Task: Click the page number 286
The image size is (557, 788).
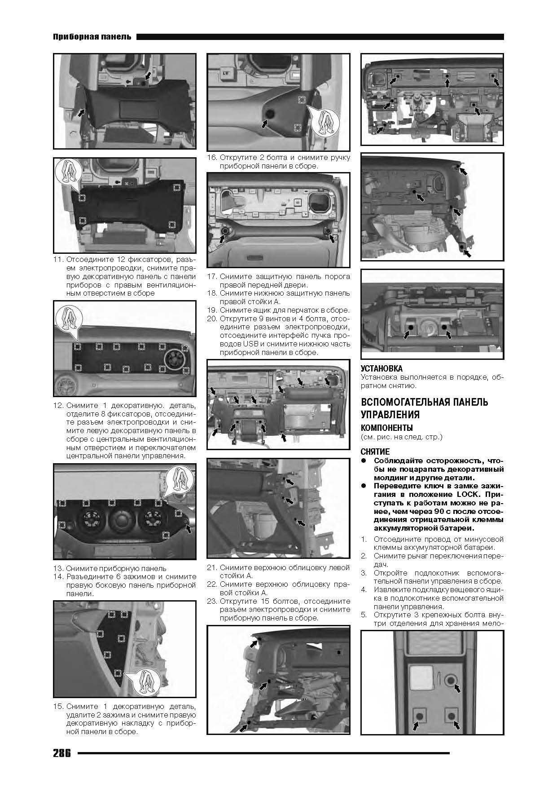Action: point(62,753)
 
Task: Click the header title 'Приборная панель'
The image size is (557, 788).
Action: point(92,36)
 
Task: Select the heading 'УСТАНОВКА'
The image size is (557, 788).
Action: point(382,368)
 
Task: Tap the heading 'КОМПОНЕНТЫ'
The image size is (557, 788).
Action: point(387,427)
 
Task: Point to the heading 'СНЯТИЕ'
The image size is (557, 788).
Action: point(375,452)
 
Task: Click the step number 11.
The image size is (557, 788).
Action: point(58,260)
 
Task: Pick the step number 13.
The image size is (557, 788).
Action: point(58,568)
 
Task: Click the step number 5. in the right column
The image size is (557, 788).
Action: point(364,615)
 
